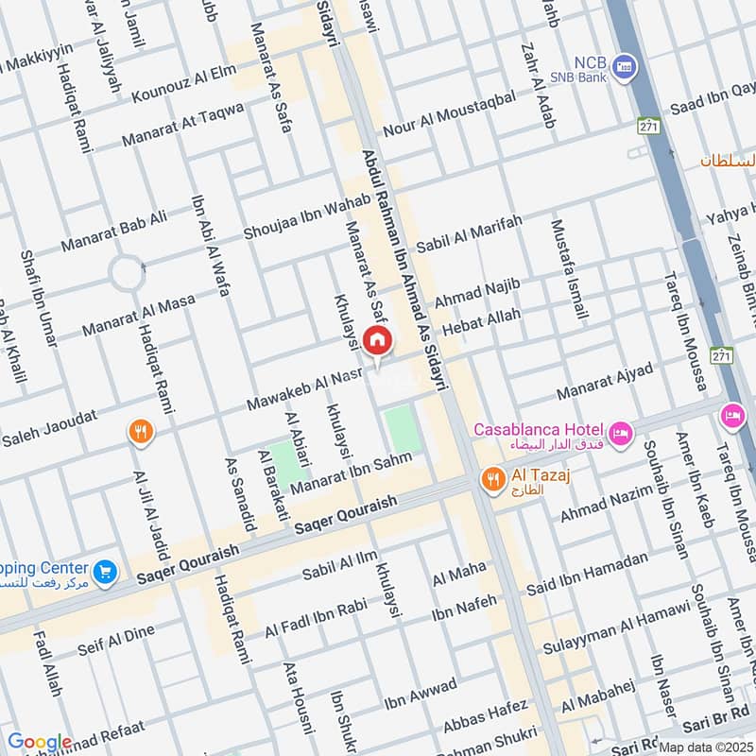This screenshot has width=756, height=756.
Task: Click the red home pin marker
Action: point(377,340)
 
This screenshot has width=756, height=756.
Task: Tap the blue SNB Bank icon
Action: point(623,66)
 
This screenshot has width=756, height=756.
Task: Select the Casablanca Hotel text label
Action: point(538,429)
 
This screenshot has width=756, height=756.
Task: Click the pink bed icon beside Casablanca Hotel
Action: point(621,433)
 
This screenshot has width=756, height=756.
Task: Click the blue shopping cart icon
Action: point(105,571)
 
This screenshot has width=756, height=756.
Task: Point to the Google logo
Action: point(40,742)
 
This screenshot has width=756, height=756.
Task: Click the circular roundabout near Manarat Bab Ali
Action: point(127,274)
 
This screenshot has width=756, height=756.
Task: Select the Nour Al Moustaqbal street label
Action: point(449,114)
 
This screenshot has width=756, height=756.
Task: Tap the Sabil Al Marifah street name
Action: point(470,234)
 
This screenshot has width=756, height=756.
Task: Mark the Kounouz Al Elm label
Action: point(183,84)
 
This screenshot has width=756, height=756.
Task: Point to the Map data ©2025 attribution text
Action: point(706,747)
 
